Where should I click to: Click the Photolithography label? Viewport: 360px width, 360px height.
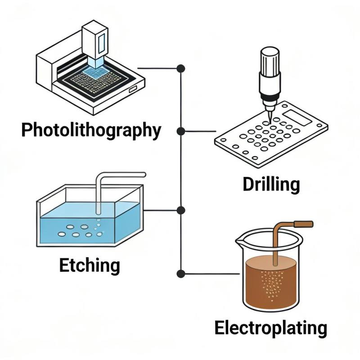91,130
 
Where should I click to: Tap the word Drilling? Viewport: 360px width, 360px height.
271,184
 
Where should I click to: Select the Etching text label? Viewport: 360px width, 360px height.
90,265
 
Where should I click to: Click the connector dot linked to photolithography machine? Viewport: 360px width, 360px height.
181,68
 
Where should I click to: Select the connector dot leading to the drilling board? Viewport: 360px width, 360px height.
181,131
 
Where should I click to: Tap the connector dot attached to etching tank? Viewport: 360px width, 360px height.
181,210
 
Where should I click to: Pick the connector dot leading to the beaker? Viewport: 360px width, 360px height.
181,273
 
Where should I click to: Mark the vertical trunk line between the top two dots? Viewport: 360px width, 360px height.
181,100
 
